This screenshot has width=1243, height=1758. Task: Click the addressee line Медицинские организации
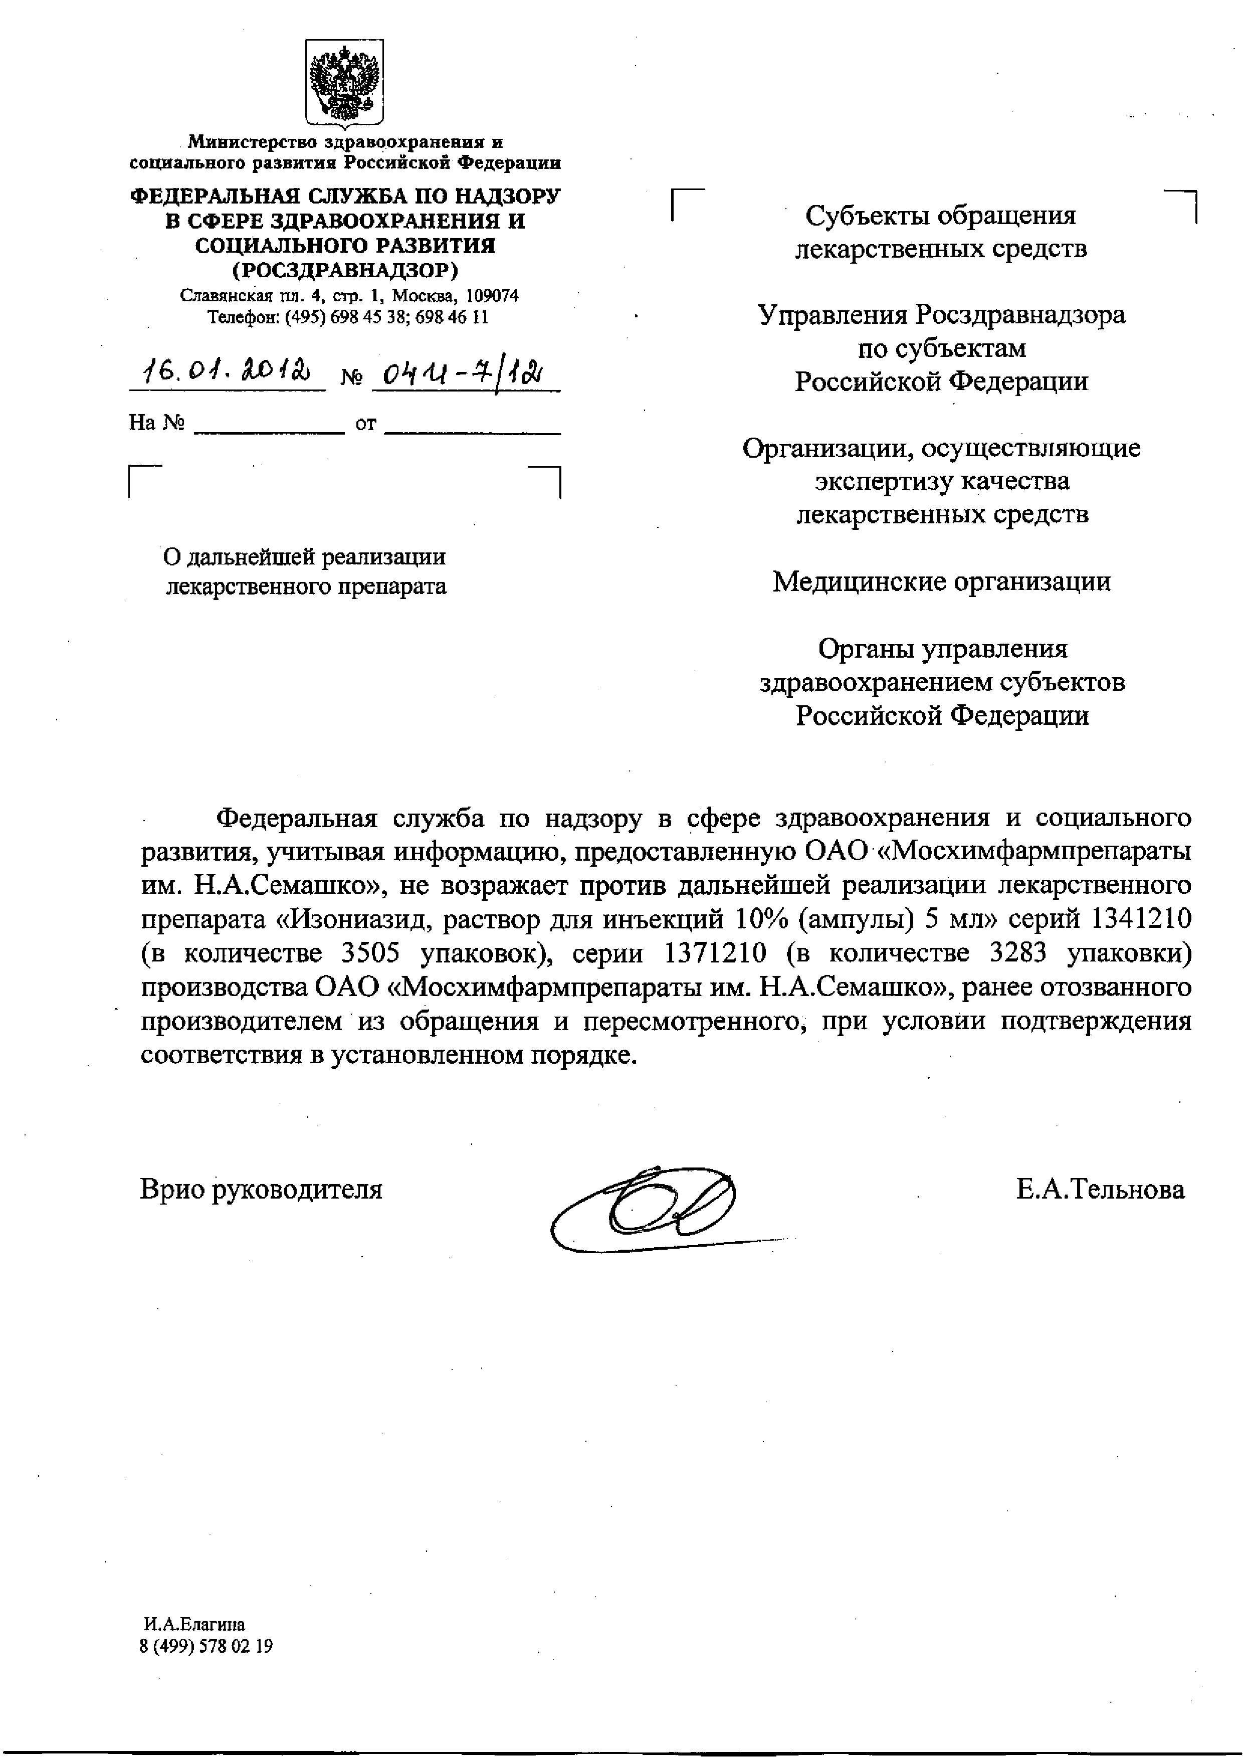tap(941, 582)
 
